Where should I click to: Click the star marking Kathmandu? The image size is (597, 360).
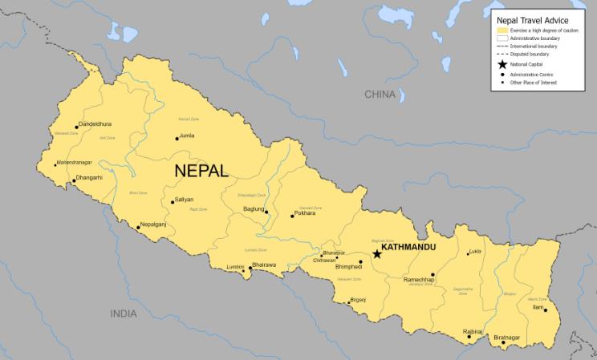click(x=377, y=254)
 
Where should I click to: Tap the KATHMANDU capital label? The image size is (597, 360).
click(x=408, y=247)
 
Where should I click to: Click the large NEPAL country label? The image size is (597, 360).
click(x=201, y=171)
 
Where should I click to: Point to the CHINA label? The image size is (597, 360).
click(x=380, y=95)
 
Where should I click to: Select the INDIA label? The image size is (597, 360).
click(x=124, y=313)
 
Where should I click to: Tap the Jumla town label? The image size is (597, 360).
click(x=187, y=136)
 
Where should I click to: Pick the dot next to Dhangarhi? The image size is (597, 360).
click(x=72, y=181)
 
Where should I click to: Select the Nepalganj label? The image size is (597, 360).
click(x=153, y=224)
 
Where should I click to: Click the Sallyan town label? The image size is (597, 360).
click(x=184, y=199)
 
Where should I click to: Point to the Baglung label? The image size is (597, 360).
click(x=253, y=209)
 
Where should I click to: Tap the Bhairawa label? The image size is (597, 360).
click(x=264, y=264)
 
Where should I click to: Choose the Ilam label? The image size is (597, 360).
click(x=538, y=307)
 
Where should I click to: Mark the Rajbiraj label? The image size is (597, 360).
click(x=473, y=331)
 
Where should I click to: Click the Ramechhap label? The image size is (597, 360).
click(x=417, y=280)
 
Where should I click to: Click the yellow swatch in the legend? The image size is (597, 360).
click(x=503, y=30)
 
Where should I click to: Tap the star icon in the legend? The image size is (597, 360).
click(x=503, y=64)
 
